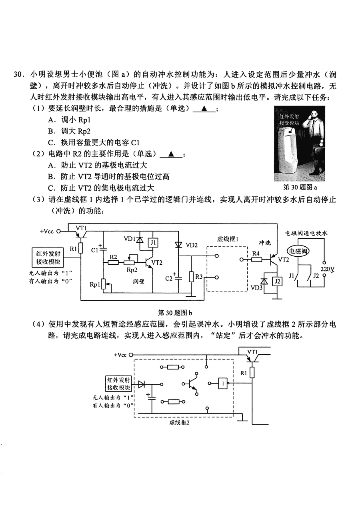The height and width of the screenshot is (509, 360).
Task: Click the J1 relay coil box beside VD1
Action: point(153,243)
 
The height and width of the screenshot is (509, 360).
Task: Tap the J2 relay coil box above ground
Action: point(277,282)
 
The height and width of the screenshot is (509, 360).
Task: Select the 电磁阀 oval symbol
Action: point(298,251)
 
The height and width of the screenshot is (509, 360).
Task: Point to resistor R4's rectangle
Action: point(256,259)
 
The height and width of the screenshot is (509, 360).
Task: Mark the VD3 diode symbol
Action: point(264,281)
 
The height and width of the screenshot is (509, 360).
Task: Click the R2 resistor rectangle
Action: point(113,262)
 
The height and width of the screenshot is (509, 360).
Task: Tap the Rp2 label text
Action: point(132,270)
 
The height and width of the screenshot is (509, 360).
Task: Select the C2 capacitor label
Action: point(169,279)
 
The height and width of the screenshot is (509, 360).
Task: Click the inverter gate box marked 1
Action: point(223,383)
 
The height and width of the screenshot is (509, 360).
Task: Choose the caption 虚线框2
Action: point(180,422)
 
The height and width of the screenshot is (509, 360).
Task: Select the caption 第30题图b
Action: point(175,313)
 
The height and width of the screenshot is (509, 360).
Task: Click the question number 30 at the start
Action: point(18,74)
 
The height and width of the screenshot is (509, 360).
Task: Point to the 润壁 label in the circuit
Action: point(138,282)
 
